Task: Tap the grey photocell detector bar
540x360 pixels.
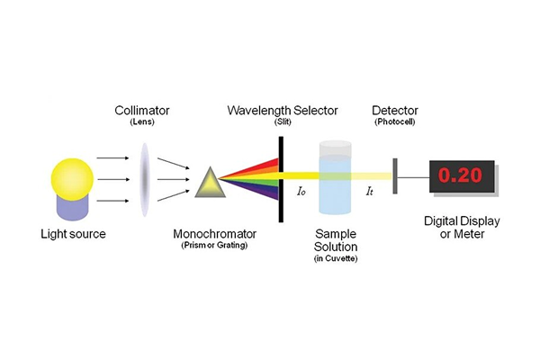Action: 394,175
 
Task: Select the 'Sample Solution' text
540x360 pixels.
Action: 336,240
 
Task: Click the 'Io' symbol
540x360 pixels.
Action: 301,192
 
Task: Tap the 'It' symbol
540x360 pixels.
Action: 370,192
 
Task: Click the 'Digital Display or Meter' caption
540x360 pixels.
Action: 460,228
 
